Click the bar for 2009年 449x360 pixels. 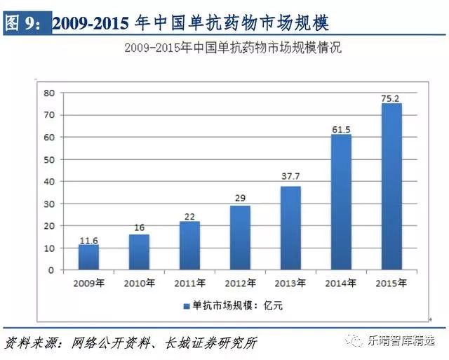coord(88,257)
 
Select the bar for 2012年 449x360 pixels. coord(240,238)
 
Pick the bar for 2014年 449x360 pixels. coord(341,202)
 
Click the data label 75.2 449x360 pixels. coord(391,98)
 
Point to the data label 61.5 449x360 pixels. coord(341,128)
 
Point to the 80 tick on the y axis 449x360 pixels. coord(49,93)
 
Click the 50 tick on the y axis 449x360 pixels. coord(49,159)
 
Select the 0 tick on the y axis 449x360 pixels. coord(51,270)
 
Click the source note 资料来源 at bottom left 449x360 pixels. coord(28,342)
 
